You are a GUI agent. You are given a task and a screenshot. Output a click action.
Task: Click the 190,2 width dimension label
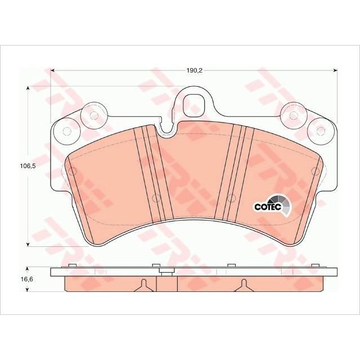click(x=194, y=71)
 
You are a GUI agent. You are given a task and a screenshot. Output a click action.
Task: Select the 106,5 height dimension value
click(x=21, y=166)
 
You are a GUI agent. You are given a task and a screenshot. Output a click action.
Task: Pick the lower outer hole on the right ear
click(x=321, y=132)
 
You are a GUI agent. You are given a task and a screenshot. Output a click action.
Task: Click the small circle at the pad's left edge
click(x=70, y=170)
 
